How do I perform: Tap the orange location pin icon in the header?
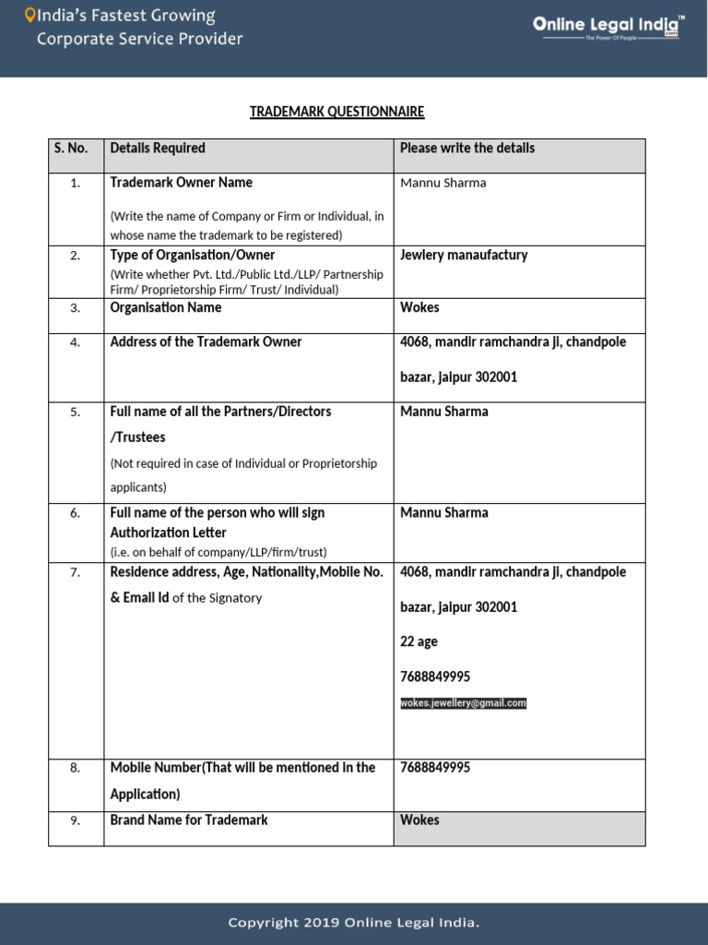[x=29, y=16]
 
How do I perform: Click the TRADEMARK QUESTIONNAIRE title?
[x=336, y=112]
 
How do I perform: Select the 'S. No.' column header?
[x=71, y=148]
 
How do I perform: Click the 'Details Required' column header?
[x=158, y=148]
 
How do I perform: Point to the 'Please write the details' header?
[x=467, y=148]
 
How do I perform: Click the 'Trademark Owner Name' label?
[x=181, y=182]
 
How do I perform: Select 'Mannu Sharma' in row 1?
[x=442, y=183]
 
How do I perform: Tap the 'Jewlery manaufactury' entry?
[x=464, y=255]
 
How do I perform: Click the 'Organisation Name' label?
[x=165, y=307]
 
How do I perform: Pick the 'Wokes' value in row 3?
[x=419, y=307]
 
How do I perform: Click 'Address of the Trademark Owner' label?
[x=206, y=341]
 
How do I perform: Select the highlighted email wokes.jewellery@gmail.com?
[x=464, y=703]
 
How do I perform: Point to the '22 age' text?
[x=419, y=641]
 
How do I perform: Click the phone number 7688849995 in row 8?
[x=435, y=767]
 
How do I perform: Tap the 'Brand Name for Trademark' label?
[x=189, y=819]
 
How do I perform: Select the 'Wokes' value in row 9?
[x=419, y=819]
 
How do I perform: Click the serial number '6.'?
[x=76, y=513]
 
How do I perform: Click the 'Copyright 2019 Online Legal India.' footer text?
[x=354, y=922]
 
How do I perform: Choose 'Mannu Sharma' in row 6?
[x=444, y=512]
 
